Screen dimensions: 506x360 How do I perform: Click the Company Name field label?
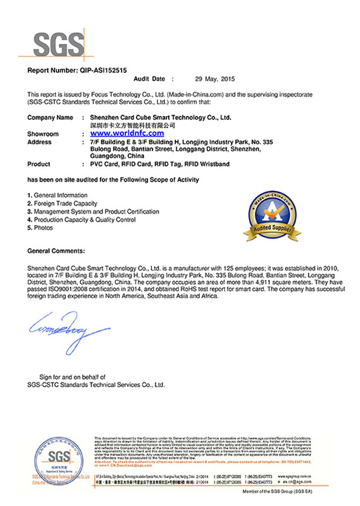(x=51, y=118)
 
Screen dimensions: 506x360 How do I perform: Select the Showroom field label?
(x=43, y=134)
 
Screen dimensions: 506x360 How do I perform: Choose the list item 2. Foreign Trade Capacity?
(x=62, y=203)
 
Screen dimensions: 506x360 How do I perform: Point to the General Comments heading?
(x=56, y=251)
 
